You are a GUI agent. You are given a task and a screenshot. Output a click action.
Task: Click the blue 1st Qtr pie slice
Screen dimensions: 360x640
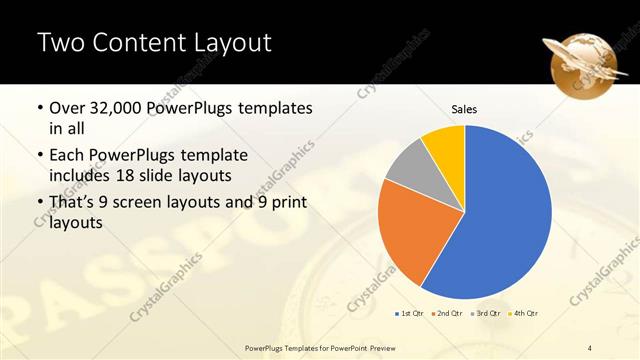[500, 220]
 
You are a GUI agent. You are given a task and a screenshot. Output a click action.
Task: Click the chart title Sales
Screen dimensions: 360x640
[464, 108]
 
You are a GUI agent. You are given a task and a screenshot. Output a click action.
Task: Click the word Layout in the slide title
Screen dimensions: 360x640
[225, 42]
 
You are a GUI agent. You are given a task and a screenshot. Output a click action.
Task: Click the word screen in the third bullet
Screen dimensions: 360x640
[156, 204]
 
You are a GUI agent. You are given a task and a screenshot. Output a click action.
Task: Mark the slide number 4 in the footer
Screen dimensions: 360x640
[590, 346]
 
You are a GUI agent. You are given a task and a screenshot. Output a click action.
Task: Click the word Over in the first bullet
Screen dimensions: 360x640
[68, 108]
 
